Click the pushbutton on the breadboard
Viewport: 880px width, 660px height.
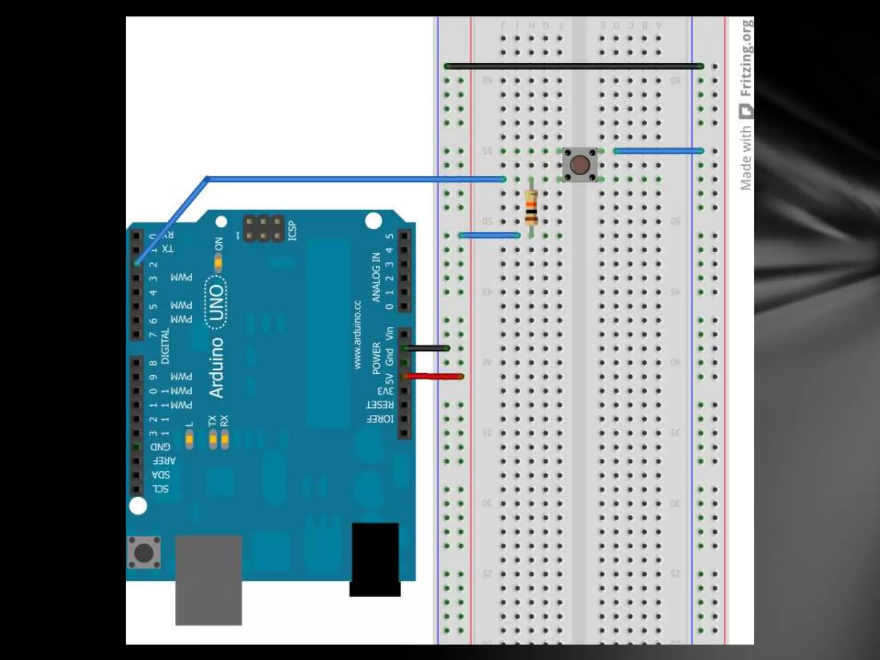pos(580,165)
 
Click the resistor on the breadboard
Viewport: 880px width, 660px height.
pos(532,208)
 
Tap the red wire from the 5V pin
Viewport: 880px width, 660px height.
pos(434,377)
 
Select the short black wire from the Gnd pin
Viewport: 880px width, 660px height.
pos(427,348)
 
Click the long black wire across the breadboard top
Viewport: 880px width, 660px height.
pos(574,66)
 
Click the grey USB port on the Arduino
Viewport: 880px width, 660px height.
pos(208,580)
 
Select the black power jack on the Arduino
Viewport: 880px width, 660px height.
pos(375,559)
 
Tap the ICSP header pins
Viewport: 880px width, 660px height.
pos(264,229)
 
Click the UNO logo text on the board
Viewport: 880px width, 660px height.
pos(216,303)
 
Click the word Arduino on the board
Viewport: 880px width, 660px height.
pos(216,368)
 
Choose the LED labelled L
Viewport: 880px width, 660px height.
pos(189,440)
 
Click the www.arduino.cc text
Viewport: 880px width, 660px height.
pos(357,335)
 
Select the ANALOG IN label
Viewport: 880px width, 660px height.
pos(376,277)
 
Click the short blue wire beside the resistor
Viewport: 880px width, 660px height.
pos(489,235)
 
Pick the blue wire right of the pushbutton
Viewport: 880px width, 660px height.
pos(659,151)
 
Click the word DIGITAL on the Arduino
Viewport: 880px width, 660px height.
pos(165,346)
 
